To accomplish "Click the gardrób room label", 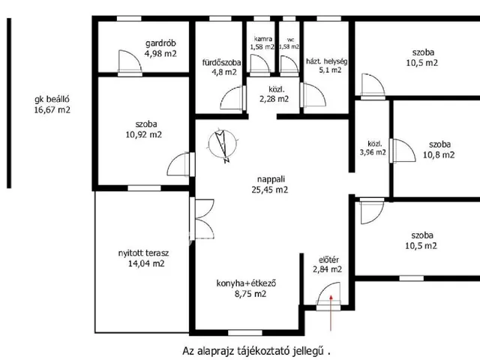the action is (160, 43).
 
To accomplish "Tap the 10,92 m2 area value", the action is (144, 135).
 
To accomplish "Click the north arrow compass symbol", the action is (223, 145).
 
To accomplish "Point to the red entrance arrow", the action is (331, 313).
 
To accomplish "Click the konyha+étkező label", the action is (246, 283).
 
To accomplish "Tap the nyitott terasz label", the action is (143, 253).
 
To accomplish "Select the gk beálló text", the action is (52, 100).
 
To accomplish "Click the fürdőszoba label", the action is (221, 63).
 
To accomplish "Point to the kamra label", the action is (263, 39).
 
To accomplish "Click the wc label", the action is (290, 40).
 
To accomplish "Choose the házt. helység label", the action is (327, 61).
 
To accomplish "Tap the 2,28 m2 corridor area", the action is (274, 99).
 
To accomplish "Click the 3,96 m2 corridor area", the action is (373, 152).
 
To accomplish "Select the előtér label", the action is (328, 260).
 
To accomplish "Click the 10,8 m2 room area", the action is (439, 155).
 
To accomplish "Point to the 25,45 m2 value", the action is (270, 190).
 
